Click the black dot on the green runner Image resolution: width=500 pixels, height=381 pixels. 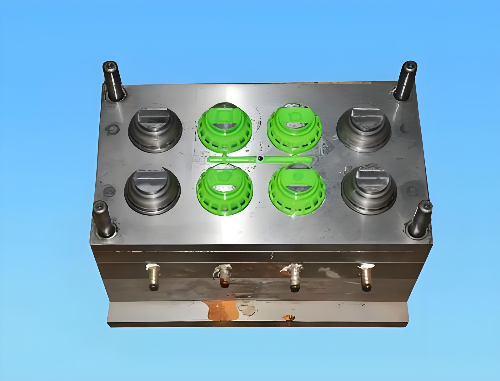[x=260, y=158]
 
